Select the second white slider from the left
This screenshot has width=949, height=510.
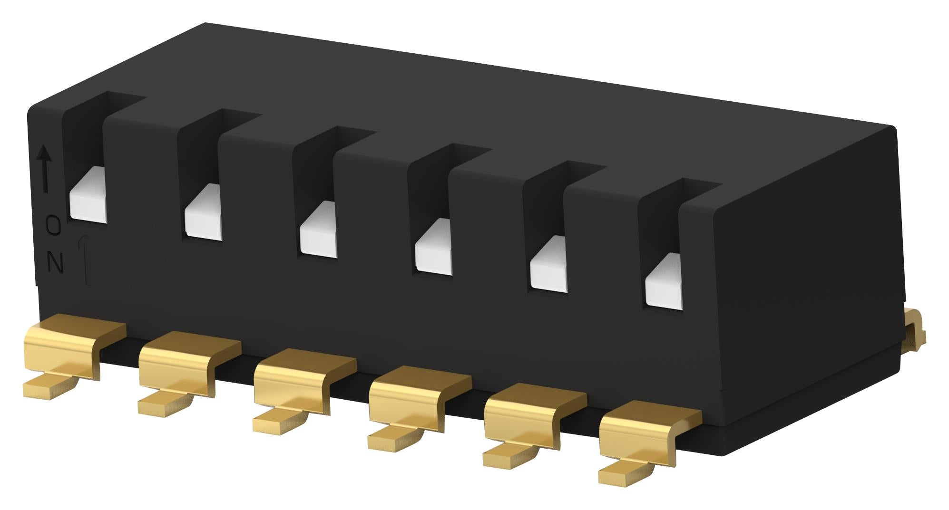tap(203, 212)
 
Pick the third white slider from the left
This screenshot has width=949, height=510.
tap(318, 231)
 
